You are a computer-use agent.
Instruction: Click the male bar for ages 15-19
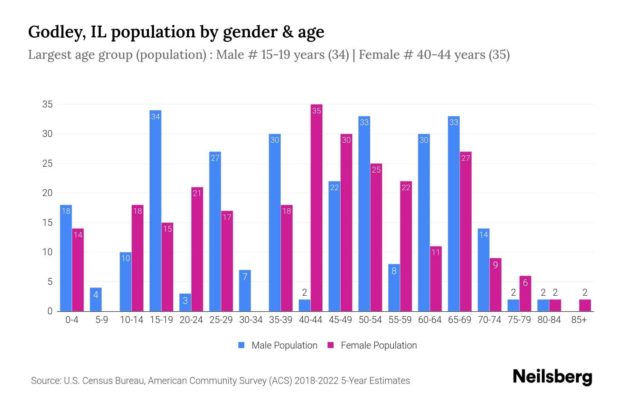pos(155,211)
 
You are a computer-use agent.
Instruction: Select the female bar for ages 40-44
pos(317,207)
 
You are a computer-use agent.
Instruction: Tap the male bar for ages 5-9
pos(96,299)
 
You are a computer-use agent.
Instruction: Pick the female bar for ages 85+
pos(585,305)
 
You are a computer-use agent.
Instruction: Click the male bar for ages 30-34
pos(245,290)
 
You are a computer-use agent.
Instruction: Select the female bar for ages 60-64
pos(436,279)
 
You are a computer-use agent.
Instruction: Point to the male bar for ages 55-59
pos(394,288)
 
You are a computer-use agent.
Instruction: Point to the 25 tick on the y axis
pos(47,164)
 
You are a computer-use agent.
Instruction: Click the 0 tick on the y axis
pos(50,311)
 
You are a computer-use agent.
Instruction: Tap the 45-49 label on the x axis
pos(340,320)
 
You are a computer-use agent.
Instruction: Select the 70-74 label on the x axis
pos(489,320)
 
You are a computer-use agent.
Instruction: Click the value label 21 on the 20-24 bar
pos(197,193)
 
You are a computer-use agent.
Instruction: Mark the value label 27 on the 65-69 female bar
pos(465,158)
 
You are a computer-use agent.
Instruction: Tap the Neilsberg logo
pos(552,377)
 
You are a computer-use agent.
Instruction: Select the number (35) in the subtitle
pos(499,55)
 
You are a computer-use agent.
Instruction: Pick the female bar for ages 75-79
pos(525,294)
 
